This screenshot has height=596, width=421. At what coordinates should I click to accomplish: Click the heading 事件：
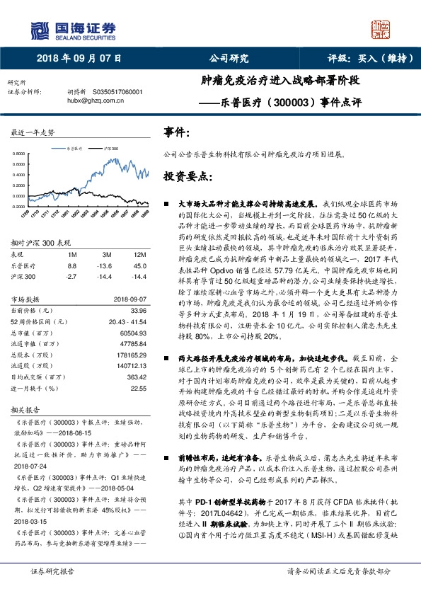pos(177,132)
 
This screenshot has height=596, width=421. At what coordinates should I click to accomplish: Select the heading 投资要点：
pos(188,176)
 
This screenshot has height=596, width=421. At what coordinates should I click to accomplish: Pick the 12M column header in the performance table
pos(139,253)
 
